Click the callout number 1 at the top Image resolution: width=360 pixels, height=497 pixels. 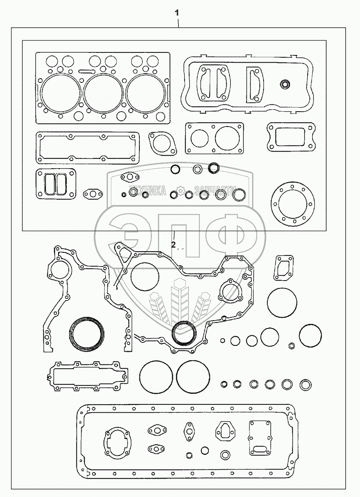click(x=177, y=13)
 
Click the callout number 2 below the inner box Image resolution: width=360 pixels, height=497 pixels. click(x=173, y=245)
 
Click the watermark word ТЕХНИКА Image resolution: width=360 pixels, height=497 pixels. click(x=147, y=191)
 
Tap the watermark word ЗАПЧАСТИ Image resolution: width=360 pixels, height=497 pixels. click(x=213, y=191)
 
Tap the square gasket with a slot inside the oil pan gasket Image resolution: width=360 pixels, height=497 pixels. click(x=260, y=437)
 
